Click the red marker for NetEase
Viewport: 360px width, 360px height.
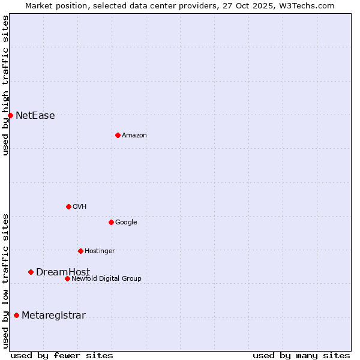[x=10, y=115]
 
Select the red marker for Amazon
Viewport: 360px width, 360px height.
[x=118, y=135]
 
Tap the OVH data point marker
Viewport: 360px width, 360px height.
[x=68, y=206]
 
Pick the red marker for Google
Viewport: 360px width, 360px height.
[x=111, y=222]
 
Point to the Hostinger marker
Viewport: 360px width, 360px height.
[x=80, y=251]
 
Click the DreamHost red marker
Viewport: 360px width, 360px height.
[x=31, y=272]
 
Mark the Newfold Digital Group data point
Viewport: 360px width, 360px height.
[x=67, y=278]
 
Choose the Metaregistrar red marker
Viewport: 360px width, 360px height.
[x=16, y=315]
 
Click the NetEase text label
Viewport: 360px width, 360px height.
[x=35, y=116]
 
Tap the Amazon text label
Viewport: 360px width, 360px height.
[x=134, y=136]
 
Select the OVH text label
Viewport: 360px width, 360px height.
[x=79, y=207]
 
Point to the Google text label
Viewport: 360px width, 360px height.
[x=126, y=223]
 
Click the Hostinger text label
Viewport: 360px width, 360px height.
[x=100, y=251]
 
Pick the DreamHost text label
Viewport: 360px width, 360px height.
[x=63, y=272]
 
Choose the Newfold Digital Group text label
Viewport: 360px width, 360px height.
[x=106, y=279]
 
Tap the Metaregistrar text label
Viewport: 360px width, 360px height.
[x=53, y=316]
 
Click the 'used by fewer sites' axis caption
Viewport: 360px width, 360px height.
[x=62, y=355]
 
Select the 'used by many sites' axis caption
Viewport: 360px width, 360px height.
[x=301, y=355]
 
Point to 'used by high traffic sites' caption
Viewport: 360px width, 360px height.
[x=5, y=85]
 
